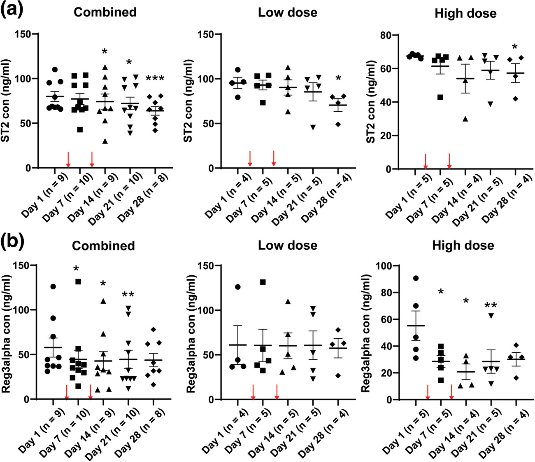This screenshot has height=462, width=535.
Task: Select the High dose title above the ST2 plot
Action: (x=465, y=13)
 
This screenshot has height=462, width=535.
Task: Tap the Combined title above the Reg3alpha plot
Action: (x=103, y=246)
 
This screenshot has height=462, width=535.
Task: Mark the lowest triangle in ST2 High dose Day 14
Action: (x=465, y=119)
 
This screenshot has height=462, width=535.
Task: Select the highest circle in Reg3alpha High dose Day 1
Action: (x=416, y=278)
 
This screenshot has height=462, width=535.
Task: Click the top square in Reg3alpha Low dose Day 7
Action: (x=263, y=282)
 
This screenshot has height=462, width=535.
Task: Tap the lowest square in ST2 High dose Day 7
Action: (x=440, y=97)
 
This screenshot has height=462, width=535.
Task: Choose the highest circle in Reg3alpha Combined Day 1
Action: (x=53, y=286)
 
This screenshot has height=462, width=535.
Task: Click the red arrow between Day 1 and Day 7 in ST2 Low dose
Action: (x=250, y=159)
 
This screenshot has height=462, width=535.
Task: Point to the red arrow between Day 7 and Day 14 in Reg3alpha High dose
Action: (x=451, y=392)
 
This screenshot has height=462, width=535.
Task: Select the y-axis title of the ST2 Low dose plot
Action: (x=188, y=101)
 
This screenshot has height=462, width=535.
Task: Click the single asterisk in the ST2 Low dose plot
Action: (x=338, y=78)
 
